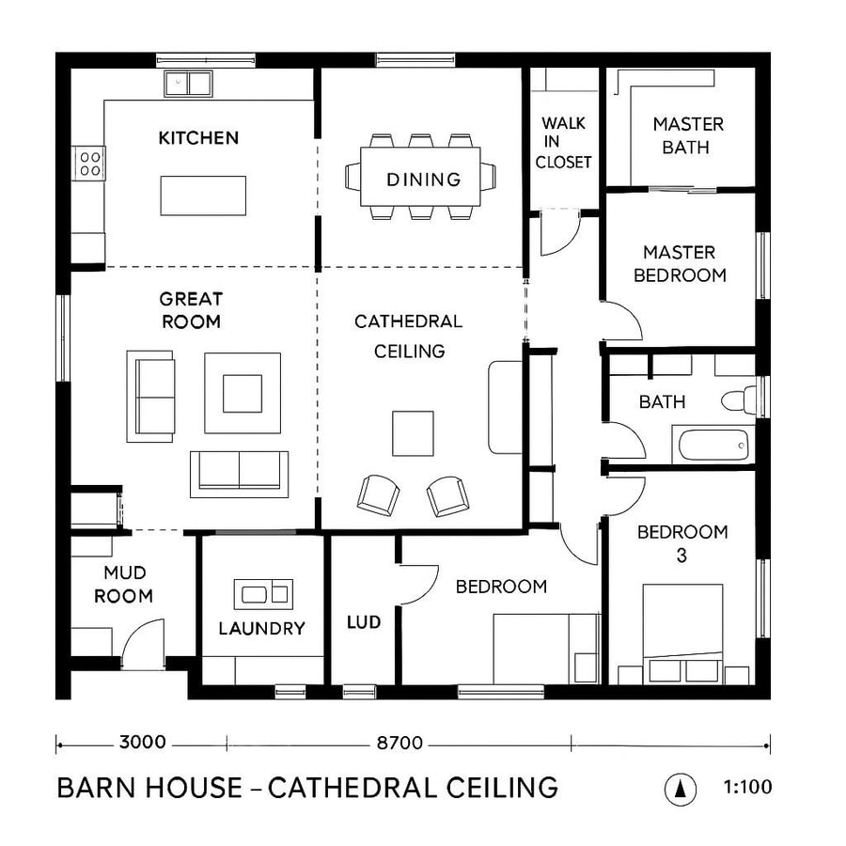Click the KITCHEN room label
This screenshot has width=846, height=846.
198,138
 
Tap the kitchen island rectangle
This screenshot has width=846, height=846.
203,196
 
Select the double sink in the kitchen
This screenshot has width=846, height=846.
188,83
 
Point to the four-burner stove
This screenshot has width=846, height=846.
90,163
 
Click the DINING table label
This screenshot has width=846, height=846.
423,180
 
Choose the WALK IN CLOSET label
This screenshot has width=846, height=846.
563,143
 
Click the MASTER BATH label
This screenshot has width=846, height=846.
688,135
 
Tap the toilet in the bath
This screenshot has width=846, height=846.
739,399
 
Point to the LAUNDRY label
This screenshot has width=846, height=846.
261,628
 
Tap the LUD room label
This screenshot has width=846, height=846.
363,622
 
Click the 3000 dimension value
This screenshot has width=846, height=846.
143,743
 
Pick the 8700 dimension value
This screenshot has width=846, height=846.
399,743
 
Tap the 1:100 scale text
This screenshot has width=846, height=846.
747,786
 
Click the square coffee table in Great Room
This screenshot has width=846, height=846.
243,393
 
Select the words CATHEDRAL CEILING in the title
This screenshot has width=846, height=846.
413,787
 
